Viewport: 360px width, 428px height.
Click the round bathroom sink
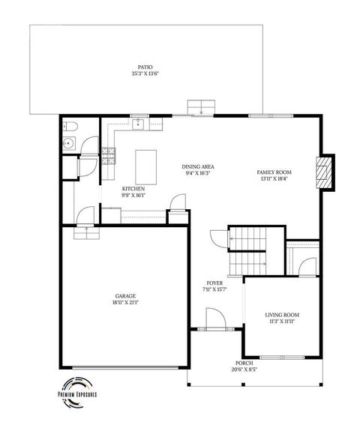pyautogui.click(x=69, y=142)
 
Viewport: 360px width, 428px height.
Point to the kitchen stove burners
pyautogui.click(x=109, y=156)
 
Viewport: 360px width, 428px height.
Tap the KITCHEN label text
pyautogui.click(x=133, y=188)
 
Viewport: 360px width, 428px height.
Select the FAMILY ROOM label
pyautogui.click(x=275, y=172)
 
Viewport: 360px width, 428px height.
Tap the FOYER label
pyautogui.click(x=214, y=283)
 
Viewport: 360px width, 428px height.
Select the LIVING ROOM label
pyautogui.click(x=282, y=315)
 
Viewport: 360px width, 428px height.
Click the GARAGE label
pyautogui.click(x=125, y=296)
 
